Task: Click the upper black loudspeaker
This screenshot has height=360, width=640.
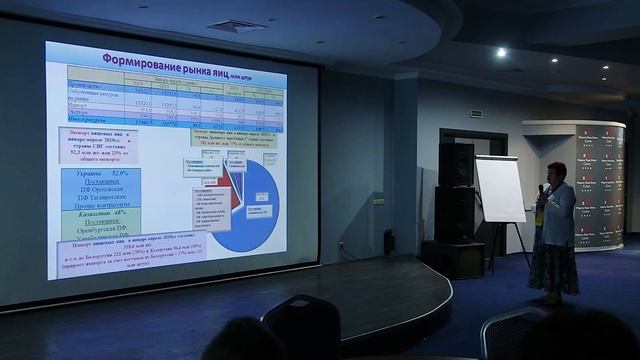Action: coord(455,164)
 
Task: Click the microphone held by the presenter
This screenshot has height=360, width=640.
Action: coord(541,189)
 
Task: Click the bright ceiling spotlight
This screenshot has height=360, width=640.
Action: coord(500,52)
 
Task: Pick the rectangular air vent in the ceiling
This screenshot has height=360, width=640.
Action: coord(238,25)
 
